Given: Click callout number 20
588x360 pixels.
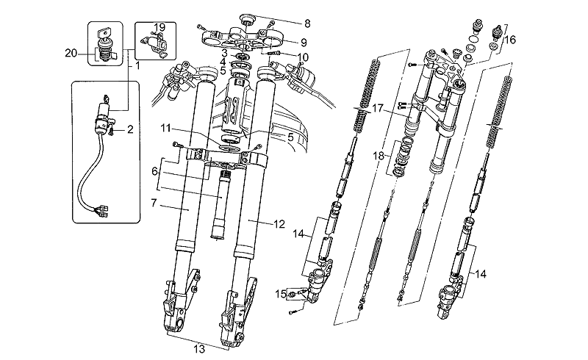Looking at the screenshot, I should (x=71, y=52).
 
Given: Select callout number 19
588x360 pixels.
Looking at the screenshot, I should (x=159, y=27).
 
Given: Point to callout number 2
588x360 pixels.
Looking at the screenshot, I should (x=130, y=130).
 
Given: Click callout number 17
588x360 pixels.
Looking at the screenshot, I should (x=377, y=108).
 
